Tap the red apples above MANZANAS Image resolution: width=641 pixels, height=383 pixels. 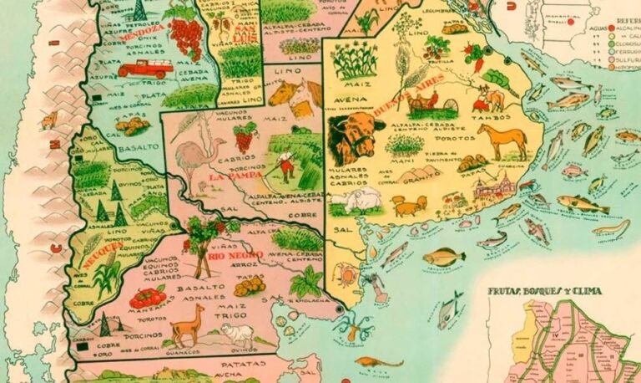click(x=149, y=296)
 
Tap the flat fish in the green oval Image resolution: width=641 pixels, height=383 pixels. click(x=443, y=257)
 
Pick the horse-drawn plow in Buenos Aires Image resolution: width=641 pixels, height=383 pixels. click(x=438, y=104)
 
